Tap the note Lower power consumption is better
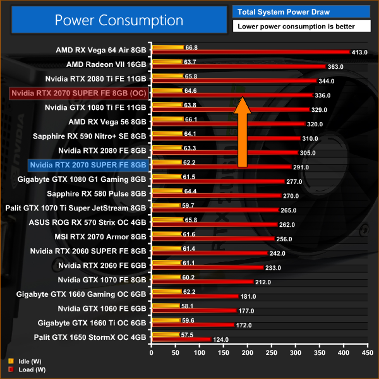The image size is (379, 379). point(301,27)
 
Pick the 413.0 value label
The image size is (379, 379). point(359,52)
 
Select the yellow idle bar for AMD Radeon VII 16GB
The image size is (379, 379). point(167,62)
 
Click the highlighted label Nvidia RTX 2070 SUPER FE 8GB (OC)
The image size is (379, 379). point(80,93)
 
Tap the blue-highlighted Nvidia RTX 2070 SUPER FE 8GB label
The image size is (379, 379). point(88,165)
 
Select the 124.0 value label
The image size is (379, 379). point(221,339)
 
